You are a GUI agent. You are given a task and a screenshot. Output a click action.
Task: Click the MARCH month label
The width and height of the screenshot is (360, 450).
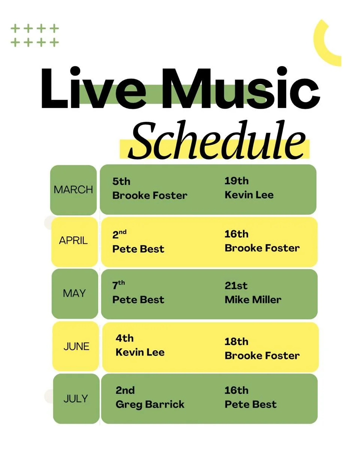(x=73, y=190)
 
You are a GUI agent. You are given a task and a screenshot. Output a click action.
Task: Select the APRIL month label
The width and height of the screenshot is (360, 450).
(x=73, y=240)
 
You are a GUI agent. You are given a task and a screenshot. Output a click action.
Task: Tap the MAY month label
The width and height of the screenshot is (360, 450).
(x=74, y=293)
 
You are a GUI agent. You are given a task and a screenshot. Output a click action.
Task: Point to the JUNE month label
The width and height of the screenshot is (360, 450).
(x=76, y=346)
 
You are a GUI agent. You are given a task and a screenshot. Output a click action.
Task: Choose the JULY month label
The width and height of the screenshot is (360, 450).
(x=76, y=398)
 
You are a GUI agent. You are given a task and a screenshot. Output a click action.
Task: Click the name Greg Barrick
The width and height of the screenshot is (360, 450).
(x=150, y=404)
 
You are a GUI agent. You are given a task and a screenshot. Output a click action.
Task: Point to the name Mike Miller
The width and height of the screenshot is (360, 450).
(x=253, y=300)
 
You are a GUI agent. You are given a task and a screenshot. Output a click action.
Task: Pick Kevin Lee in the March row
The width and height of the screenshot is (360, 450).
(x=249, y=195)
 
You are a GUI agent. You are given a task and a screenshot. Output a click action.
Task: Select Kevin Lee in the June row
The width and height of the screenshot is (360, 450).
(x=140, y=352)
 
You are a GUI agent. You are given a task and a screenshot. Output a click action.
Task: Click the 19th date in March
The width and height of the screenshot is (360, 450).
(x=236, y=181)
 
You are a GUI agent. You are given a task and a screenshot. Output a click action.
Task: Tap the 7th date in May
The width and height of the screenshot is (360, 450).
(x=118, y=286)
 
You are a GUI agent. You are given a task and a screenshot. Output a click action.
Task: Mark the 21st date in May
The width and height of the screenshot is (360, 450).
(x=236, y=286)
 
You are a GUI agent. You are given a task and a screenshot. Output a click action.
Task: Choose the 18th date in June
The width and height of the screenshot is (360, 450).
(x=236, y=342)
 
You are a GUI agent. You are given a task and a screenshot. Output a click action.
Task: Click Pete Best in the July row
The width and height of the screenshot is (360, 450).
(x=250, y=404)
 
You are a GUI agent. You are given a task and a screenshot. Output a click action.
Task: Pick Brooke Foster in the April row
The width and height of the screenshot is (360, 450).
(x=262, y=248)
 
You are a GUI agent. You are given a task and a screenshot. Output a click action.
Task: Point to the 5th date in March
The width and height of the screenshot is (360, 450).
(x=121, y=181)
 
